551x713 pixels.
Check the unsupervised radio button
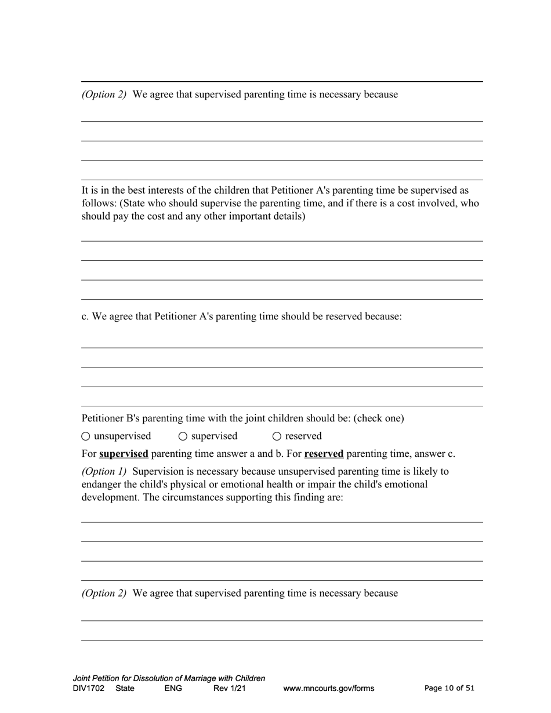coord(86,436)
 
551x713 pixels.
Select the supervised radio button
coord(183,436)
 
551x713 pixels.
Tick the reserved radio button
coord(277,436)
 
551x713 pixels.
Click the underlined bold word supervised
coord(124,454)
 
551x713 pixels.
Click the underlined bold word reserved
coord(324,454)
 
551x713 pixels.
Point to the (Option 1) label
coord(104,471)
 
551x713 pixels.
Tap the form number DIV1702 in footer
coord(89,689)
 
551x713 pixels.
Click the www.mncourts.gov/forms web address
coord(328,689)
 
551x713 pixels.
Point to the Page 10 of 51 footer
coord(449,688)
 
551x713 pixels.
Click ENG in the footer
coord(173,689)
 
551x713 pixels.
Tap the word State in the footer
coord(125,689)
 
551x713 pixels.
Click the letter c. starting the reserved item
coord(85,317)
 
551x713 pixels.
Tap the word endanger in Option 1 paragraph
coord(101,484)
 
